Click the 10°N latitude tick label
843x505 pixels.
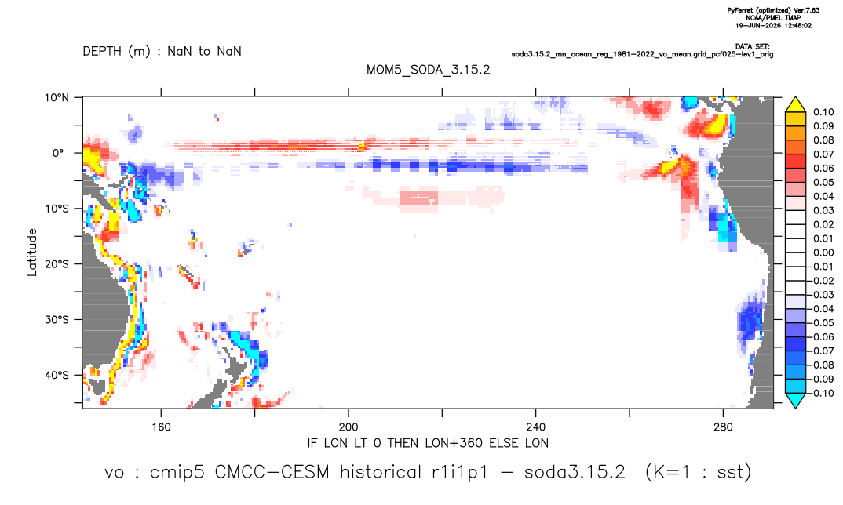tap(57, 98)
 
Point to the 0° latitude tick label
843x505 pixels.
tap(58, 153)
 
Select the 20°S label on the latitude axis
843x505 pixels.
tap(57, 264)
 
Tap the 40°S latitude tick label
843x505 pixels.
tap(57, 375)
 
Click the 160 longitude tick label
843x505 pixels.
tap(161, 427)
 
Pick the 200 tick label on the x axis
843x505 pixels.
tap(349, 427)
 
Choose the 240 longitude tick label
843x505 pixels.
tap(535, 427)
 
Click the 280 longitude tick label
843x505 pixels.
tap(723, 427)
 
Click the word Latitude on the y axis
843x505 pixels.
tap(32, 252)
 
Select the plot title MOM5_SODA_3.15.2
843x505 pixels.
tap(428, 71)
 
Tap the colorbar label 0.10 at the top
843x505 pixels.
tap(823, 112)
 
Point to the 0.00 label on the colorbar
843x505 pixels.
tap(823, 252)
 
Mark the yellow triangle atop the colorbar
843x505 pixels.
tap(795, 105)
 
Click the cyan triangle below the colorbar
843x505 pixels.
tap(795, 400)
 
